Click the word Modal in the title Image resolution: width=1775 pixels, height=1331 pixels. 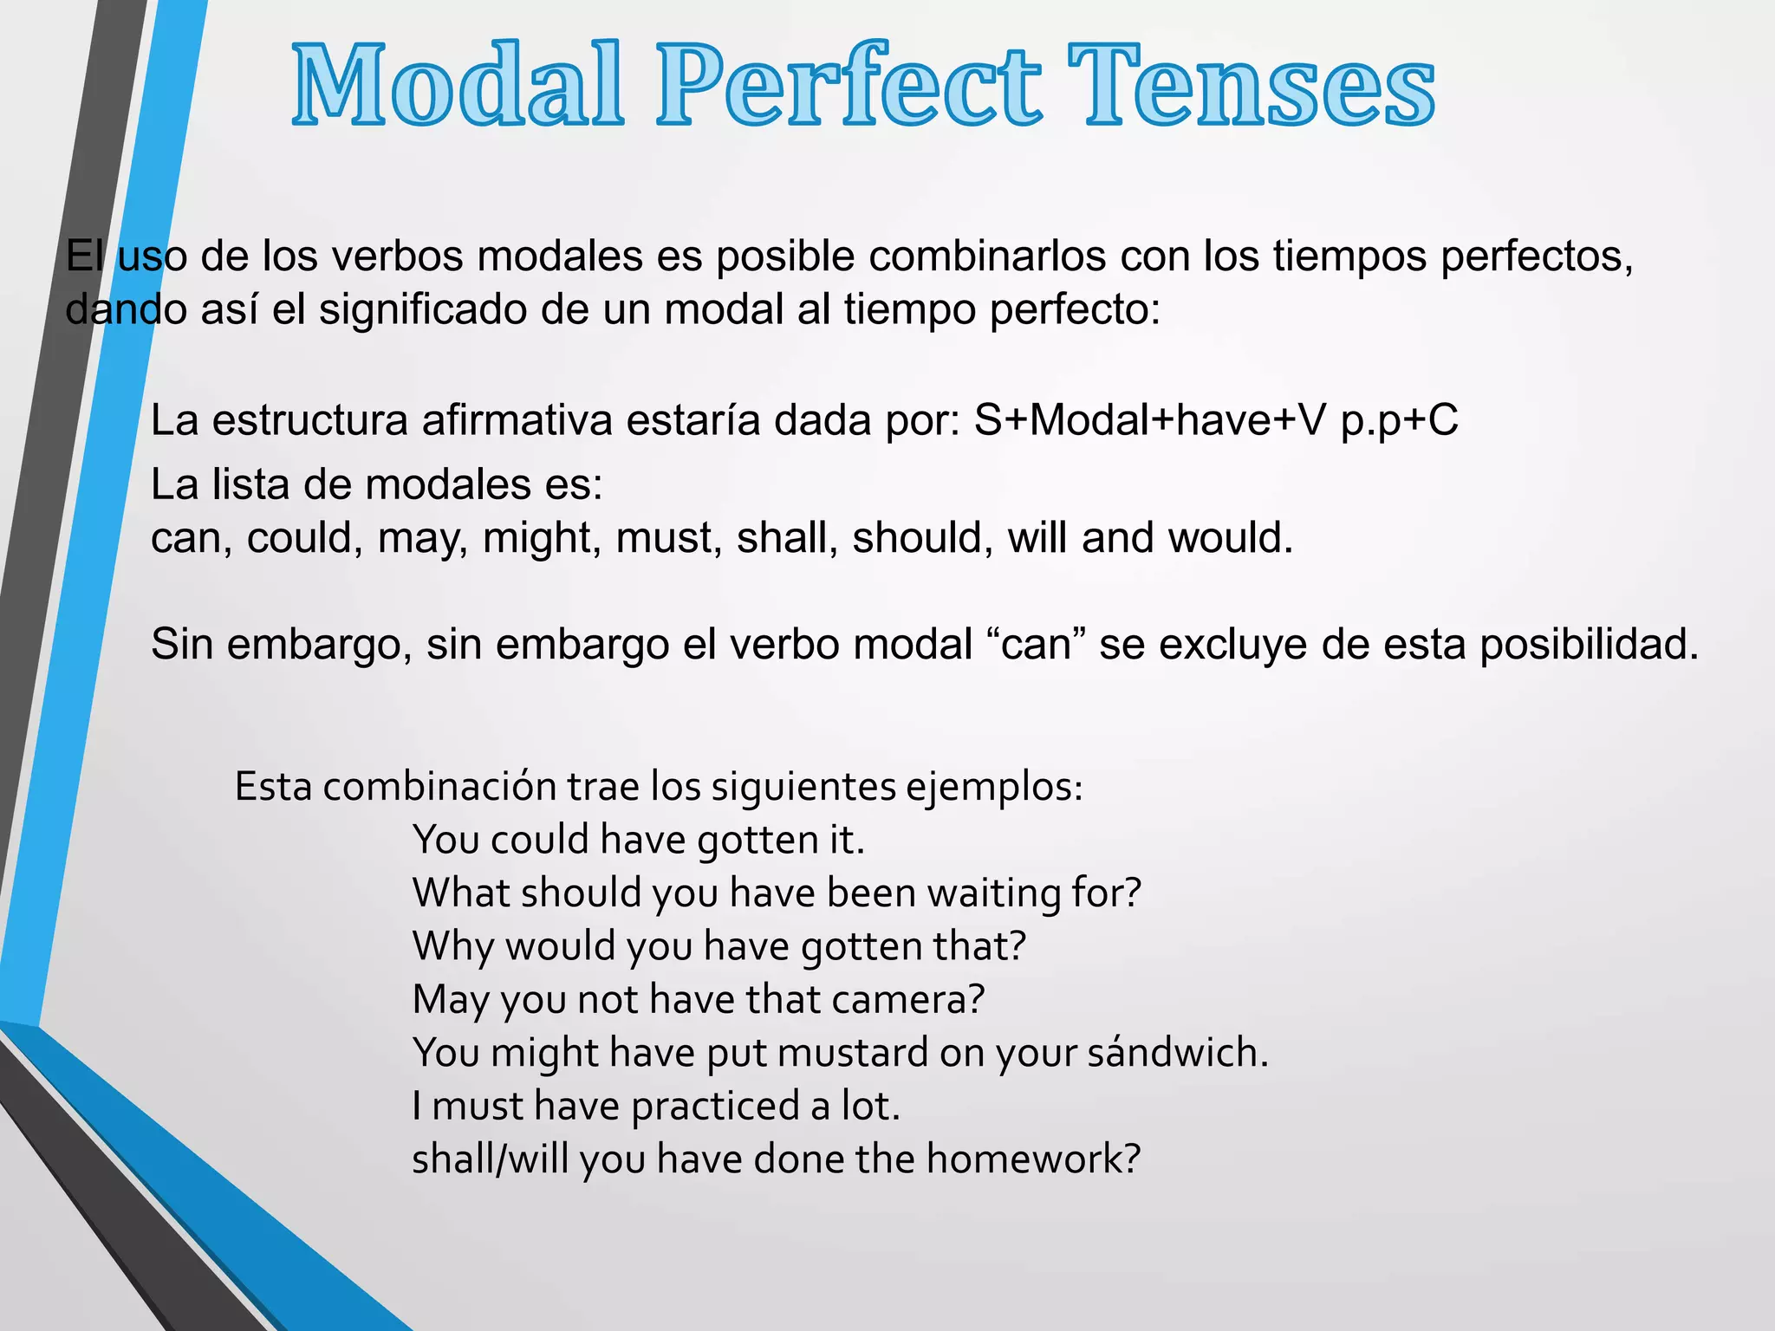click(458, 87)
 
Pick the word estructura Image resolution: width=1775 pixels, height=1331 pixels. click(310, 420)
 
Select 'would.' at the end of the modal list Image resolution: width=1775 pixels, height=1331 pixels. click(1231, 538)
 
